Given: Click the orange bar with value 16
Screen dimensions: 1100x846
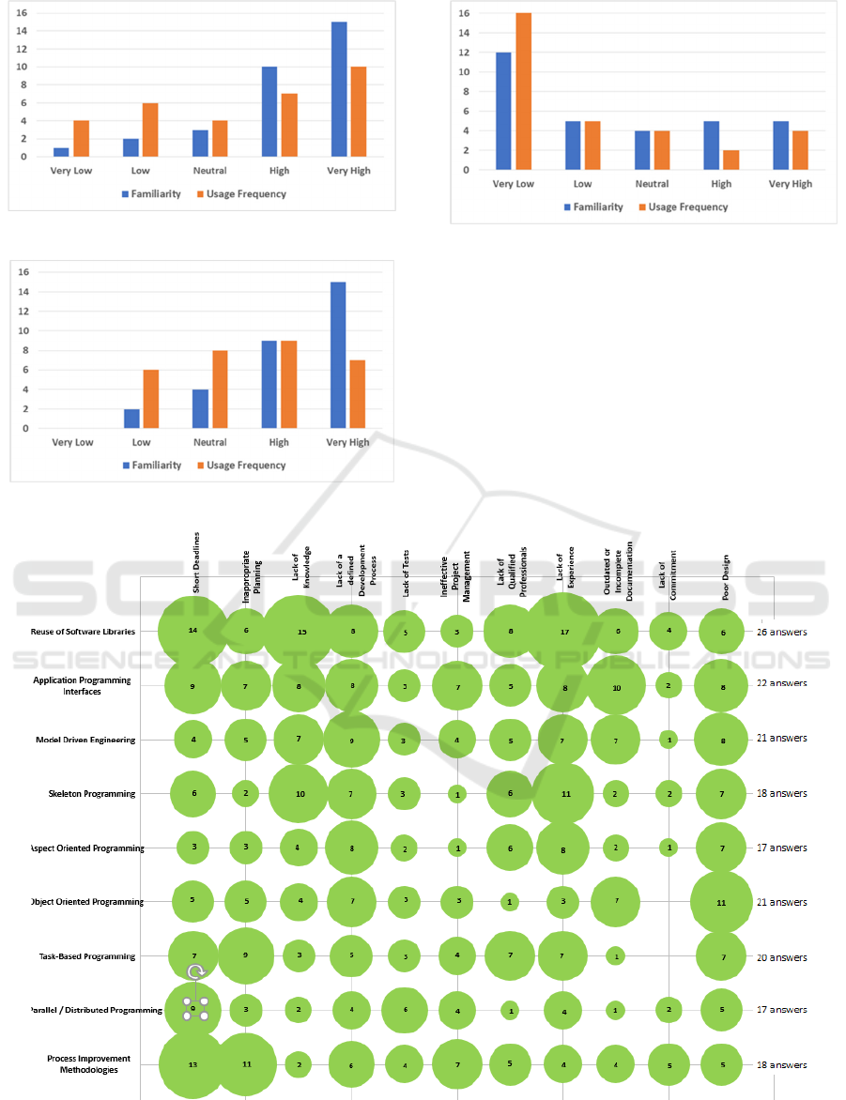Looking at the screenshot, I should click(x=522, y=91).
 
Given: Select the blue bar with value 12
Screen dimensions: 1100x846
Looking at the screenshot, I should click(x=505, y=111).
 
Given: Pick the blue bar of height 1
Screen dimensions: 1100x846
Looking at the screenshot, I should click(x=61, y=152).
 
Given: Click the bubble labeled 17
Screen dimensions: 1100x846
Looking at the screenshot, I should click(x=564, y=632).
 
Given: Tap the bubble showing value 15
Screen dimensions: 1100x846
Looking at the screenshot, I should click(x=301, y=632).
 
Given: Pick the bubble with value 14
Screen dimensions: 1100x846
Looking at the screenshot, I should click(x=192, y=630).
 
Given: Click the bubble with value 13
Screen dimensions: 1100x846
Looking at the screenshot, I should click(x=192, y=1064).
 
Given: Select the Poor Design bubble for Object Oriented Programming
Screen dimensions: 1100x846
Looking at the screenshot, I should click(x=721, y=902).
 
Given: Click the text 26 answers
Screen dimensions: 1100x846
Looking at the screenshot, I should click(x=781, y=632).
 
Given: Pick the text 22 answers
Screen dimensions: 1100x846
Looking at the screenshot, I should click(x=781, y=683).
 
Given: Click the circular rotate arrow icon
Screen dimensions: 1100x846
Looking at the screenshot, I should click(x=196, y=972).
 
